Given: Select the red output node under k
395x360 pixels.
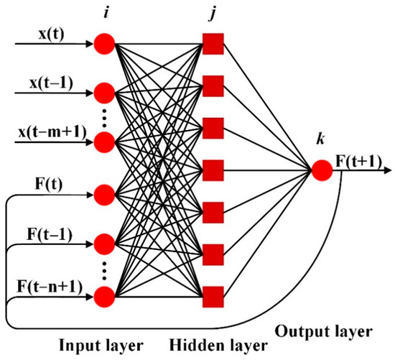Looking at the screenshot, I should tap(321, 170).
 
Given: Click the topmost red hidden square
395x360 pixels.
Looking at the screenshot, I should tap(213, 45).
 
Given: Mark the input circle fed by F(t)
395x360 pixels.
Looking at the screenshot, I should tap(104, 193).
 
